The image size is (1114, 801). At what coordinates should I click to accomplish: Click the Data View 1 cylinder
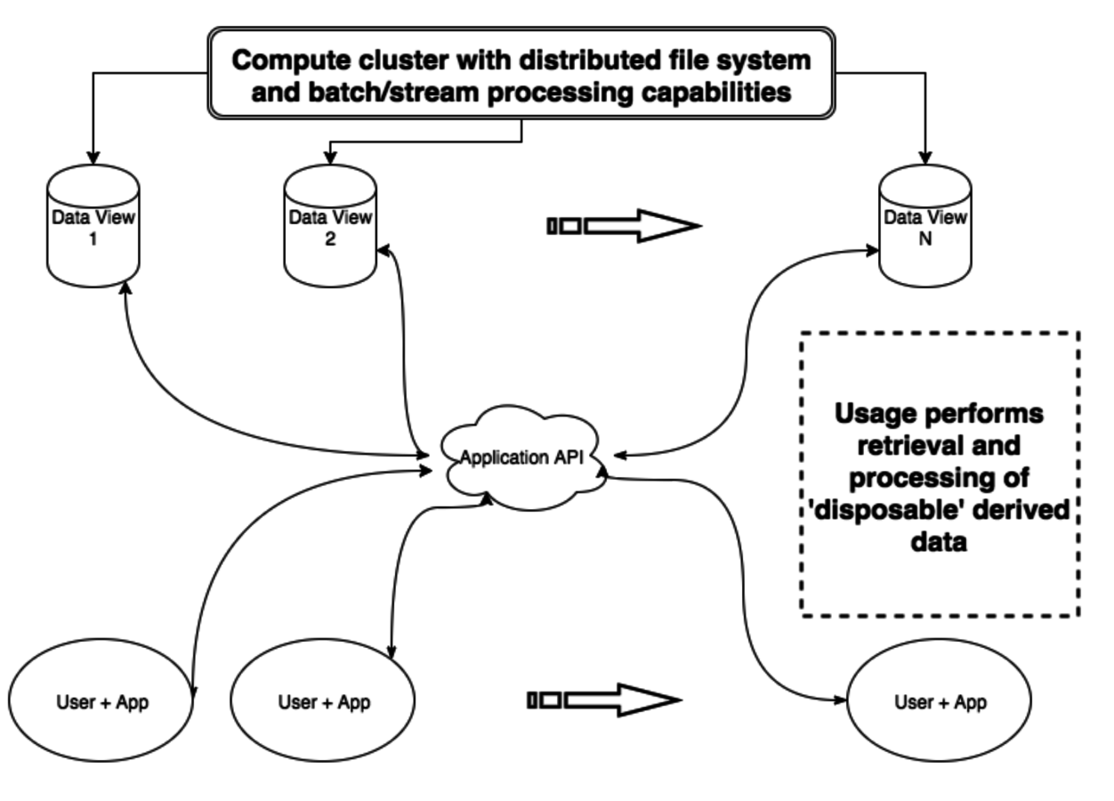93,227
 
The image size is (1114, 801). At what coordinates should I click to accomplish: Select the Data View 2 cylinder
330,227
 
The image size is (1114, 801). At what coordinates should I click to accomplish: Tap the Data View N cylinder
925,227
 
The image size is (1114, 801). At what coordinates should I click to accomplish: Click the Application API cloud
517,458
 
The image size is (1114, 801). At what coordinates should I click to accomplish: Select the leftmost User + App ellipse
102,701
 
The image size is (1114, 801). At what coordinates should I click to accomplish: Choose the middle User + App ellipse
323,701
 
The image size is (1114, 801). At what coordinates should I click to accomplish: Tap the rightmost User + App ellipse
940,701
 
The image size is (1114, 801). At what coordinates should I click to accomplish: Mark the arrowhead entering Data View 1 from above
93,158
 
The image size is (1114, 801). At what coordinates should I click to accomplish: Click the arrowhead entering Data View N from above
925,158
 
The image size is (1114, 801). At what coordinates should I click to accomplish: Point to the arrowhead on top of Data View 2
330,158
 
